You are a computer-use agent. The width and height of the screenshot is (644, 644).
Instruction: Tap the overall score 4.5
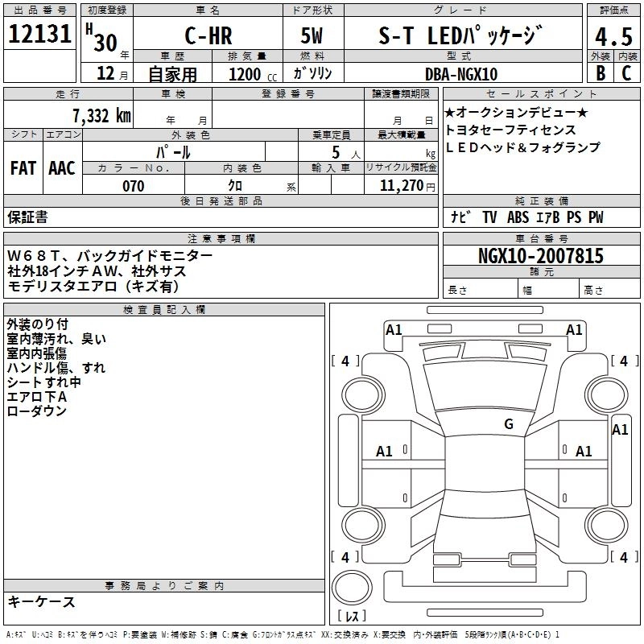pos(613,37)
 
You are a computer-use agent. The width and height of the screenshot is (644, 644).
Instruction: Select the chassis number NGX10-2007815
pos(540,257)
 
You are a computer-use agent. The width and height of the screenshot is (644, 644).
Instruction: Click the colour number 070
pos(134,186)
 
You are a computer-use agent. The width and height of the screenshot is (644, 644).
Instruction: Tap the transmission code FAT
pos(23,168)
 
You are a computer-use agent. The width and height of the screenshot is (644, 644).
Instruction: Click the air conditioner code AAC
pos(62,168)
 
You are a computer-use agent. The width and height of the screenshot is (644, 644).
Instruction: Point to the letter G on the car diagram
pos(508,424)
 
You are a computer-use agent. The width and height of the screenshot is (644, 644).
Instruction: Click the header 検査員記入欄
pos(164,310)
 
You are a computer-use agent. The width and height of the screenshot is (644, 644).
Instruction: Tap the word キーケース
pos(41,601)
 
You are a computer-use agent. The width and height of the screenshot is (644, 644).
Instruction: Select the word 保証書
pos(27,217)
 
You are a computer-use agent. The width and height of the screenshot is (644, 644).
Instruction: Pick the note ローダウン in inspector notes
pos(36,411)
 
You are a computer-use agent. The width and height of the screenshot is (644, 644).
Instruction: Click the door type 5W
pos(312,36)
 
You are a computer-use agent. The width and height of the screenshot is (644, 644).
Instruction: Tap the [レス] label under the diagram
pos(352,617)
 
